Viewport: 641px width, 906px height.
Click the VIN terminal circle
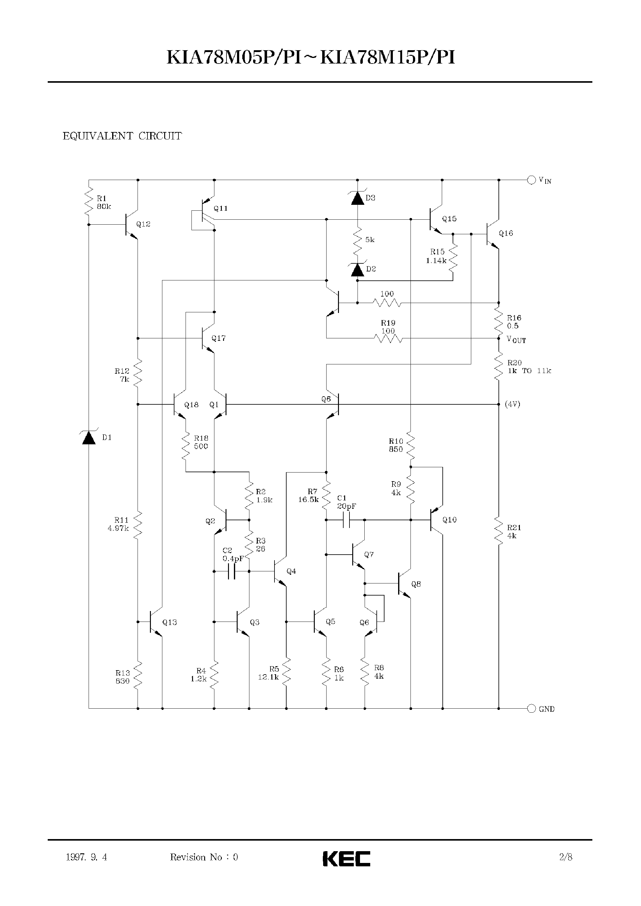coord(531,180)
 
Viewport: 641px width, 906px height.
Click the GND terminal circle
coord(531,708)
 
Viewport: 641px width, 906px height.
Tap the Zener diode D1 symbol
coord(89,438)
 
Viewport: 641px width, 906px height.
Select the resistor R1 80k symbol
coord(89,203)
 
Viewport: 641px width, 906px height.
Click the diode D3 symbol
coord(358,198)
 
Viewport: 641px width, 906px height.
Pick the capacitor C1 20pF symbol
coord(347,520)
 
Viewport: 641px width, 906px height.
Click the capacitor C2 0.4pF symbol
coord(232,571)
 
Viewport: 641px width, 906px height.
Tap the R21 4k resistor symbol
coord(498,531)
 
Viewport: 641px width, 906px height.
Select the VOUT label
coord(516,340)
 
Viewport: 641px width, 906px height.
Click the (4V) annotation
coord(512,404)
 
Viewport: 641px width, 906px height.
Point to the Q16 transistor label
coord(506,233)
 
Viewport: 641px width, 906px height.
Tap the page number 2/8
coord(566,857)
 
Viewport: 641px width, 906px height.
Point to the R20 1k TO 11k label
coord(529,367)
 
